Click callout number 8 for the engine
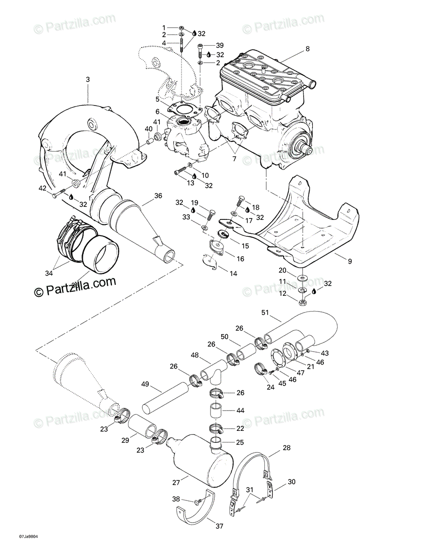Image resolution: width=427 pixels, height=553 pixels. click(308, 48)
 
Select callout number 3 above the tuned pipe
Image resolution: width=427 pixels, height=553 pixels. click(88, 80)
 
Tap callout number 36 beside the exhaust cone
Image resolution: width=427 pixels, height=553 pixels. click(158, 195)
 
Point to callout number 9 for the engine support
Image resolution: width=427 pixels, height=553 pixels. click(350, 261)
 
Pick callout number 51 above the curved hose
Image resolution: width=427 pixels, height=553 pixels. click(265, 313)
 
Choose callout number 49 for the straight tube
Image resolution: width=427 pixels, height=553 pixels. click(146, 384)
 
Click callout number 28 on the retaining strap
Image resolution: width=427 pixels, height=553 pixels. click(287, 447)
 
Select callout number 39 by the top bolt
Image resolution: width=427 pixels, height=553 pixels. click(220, 45)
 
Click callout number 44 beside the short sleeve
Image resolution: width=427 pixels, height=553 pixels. click(240, 410)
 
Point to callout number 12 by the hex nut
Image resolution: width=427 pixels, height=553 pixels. click(282, 294)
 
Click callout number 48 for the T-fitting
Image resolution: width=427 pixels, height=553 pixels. click(195, 355)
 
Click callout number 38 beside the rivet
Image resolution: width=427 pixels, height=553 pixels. click(176, 500)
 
